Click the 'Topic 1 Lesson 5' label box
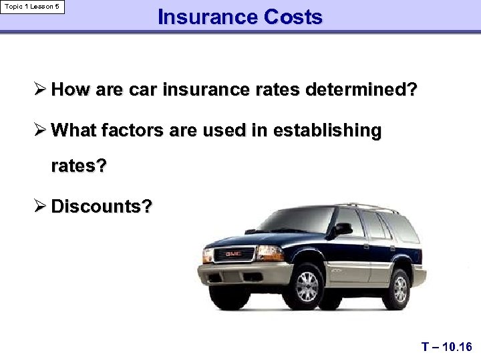click(33, 7)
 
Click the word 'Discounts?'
click(102, 206)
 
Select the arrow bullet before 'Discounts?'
click(39, 206)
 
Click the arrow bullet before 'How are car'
click(39, 90)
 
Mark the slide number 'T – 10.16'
click(446, 347)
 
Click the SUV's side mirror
click(343, 229)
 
